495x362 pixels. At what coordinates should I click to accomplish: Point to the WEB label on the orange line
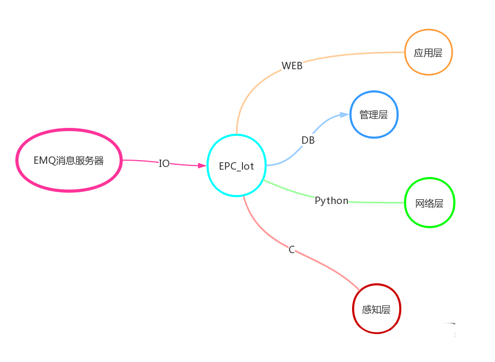pyautogui.click(x=292, y=66)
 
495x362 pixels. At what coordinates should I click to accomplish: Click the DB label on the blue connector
pyautogui.click(x=308, y=140)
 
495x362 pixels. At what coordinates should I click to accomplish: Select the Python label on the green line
pyautogui.click(x=331, y=200)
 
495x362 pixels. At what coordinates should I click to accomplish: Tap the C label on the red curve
pyautogui.click(x=292, y=249)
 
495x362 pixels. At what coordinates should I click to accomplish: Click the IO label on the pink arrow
pyautogui.click(x=164, y=163)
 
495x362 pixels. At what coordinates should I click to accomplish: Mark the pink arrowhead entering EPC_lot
pyautogui.click(x=202, y=165)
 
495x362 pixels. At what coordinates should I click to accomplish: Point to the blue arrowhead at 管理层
pyautogui.click(x=345, y=115)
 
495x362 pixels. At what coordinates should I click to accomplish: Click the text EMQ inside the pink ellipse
pyautogui.click(x=43, y=161)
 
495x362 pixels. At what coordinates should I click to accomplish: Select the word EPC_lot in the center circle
pyautogui.click(x=237, y=166)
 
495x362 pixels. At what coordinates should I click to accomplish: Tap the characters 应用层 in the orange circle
pyautogui.click(x=428, y=53)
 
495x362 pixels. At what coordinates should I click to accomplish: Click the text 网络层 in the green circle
pyautogui.click(x=429, y=203)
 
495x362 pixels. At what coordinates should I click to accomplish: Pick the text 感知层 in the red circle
pyautogui.click(x=376, y=310)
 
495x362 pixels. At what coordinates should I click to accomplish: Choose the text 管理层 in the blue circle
pyautogui.click(x=374, y=115)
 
